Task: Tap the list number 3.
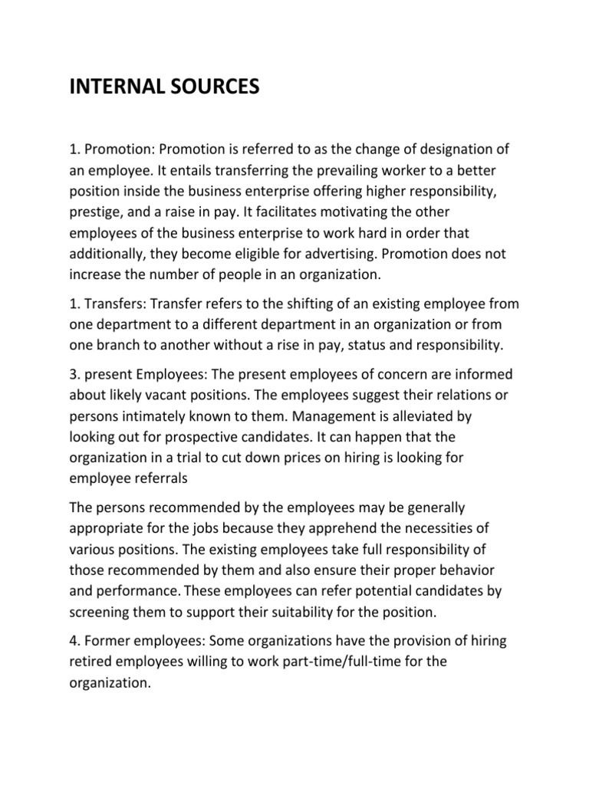pyautogui.click(x=73, y=374)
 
